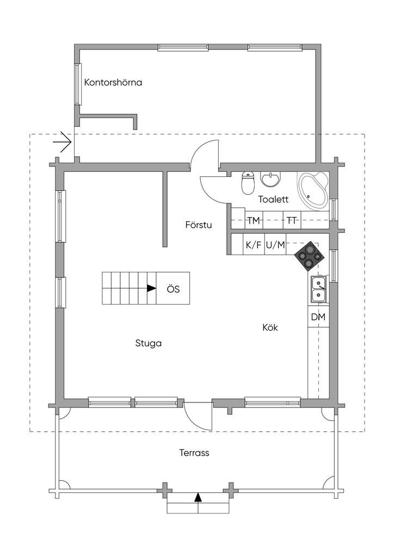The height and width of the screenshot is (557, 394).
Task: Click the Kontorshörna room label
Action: point(113,83)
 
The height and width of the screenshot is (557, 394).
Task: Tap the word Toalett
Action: point(273,199)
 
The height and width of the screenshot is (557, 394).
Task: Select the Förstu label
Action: point(199,225)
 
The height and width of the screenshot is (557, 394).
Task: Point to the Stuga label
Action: point(149,344)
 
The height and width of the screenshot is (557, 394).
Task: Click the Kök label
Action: point(270,327)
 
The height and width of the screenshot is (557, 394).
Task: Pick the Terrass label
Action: point(194,453)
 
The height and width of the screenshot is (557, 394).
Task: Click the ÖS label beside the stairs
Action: point(174,289)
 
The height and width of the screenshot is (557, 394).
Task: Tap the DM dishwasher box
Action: point(318,317)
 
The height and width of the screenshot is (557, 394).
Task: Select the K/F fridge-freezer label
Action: point(254,245)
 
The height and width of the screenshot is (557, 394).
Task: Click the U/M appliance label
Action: point(275,245)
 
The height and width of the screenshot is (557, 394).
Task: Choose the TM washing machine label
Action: point(253,221)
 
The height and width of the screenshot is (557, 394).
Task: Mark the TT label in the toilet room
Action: point(292,221)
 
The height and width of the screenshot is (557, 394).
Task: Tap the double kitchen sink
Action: point(318,289)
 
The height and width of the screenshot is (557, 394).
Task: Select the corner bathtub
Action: point(312,191)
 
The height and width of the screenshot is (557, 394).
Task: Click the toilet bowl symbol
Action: point(248,183)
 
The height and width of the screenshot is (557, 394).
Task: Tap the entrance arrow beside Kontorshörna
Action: point(63,142)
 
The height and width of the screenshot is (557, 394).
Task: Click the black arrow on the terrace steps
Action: point(198,498)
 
